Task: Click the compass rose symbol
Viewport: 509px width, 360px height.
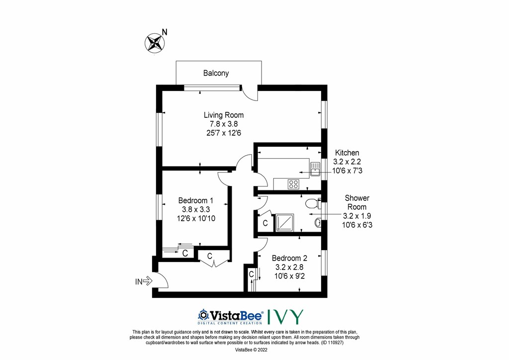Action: tap(154, 43)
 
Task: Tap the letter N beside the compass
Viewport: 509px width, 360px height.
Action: tap(165, 32)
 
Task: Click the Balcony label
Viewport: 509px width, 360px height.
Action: tap(216, 73)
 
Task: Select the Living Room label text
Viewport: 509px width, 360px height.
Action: tap(224, 115)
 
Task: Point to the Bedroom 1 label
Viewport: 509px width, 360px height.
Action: tap(196, 200)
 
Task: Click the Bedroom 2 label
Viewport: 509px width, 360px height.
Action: tap(289, 258)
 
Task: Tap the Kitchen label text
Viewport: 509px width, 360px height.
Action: tap(347, 153)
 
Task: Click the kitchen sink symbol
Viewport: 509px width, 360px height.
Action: tap(315, 169)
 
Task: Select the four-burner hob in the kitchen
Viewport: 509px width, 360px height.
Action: tap(293, 184)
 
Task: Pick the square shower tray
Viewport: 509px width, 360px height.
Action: tap(285, 223)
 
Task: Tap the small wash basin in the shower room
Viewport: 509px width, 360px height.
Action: tap(318, 223)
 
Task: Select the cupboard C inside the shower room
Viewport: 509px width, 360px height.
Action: tap(265, 223)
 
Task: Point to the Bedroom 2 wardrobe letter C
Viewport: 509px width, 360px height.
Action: tap(251, 274)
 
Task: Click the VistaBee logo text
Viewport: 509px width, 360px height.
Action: tap(231, 316)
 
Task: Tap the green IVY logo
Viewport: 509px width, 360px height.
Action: tap(285, 317)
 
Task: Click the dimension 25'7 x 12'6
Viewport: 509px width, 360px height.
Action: tap(224, 133)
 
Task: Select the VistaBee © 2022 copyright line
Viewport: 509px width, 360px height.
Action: tap(251, 350)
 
